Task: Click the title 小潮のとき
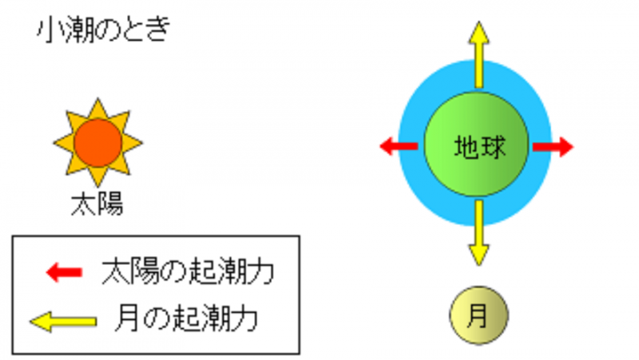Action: click(104, 30)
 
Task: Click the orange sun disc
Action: click(97, 143)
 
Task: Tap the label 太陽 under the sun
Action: click(97, 204)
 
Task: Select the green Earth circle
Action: click(476, 144)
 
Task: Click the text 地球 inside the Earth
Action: click(480, 147)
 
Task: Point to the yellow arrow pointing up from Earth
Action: click(478, 54)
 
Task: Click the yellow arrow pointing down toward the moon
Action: click(478, 232)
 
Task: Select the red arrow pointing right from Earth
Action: click(553, 147)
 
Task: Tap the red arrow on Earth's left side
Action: click(399, 146)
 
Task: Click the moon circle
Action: click(478, 315)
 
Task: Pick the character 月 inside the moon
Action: click(477, 316)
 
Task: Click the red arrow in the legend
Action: click(65, 272)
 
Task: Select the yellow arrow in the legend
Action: click(63, 322)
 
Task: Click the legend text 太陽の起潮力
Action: click(188, 271)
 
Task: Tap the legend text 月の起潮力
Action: click(187, 318)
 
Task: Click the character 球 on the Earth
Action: click(493, 147)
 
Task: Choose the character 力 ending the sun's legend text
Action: click(261, 271)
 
